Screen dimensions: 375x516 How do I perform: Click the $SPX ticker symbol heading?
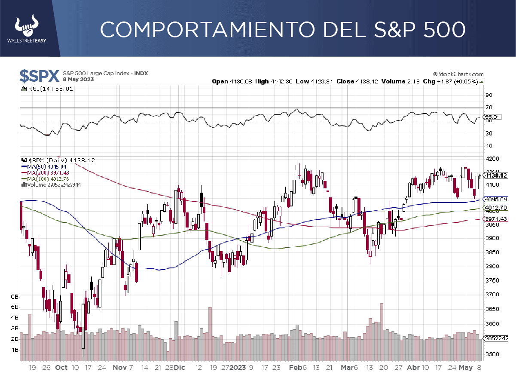(x=39, y=76)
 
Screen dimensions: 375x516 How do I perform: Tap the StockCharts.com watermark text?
(x=457, y=74)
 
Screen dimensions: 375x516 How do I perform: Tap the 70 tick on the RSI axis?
(x=489, y=108)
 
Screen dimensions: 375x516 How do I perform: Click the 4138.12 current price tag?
(x=495, y=175)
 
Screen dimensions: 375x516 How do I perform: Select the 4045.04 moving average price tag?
(x=495, y=200)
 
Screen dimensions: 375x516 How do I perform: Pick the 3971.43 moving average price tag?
(x=495, y=219)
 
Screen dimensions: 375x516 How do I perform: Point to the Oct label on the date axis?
(x=61, y=368)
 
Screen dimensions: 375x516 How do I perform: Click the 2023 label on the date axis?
(x=238, y=368)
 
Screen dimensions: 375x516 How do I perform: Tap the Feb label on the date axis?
(x=295, y=368)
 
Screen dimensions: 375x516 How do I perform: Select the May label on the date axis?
(x=465, y=368)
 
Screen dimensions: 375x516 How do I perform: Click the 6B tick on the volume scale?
(x=14, y=297)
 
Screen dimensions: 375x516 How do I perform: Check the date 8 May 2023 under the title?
(x=78, y=80)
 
